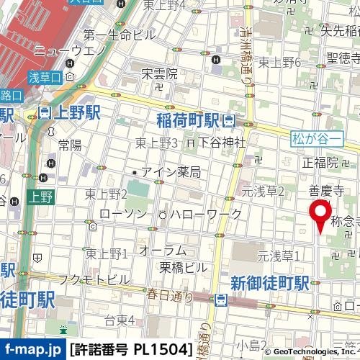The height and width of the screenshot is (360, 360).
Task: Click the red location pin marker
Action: tap(319, 213)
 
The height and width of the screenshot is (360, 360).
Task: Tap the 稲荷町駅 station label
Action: tap(187, 119)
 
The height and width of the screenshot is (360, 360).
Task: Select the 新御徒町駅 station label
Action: tap(269, 282)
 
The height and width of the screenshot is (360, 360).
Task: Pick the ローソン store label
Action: tap(122, 214)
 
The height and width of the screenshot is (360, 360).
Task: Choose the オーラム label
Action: tap(163, 251)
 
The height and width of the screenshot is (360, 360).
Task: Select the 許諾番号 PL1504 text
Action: tap(131, 350)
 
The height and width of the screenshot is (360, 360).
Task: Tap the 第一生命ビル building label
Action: tap(120, 35)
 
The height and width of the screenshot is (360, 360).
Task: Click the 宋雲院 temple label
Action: tap(159, 73)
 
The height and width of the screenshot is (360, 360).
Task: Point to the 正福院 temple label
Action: tap(320, 162)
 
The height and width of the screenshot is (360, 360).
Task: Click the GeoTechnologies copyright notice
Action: tap(311, 351)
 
